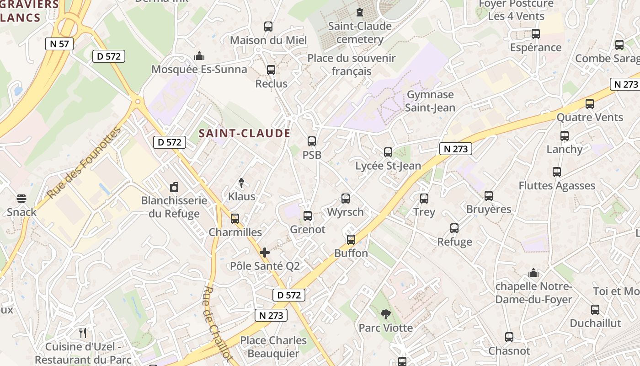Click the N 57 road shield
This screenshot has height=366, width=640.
59,44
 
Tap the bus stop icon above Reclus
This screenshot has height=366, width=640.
271,70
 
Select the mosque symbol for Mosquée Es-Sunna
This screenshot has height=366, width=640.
199,56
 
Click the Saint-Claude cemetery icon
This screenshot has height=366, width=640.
360,12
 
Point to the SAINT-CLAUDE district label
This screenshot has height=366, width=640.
245,133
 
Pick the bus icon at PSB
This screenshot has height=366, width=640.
312,141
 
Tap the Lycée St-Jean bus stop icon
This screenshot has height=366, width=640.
388,152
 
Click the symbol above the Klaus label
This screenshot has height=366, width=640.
241,183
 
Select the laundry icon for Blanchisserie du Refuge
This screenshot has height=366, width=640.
174,187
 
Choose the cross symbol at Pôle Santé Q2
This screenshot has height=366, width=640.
265,253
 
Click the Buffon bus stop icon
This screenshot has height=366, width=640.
351,240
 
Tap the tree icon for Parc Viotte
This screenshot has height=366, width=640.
386,314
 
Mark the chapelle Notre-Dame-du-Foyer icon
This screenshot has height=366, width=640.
533,273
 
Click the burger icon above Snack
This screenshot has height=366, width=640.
21,199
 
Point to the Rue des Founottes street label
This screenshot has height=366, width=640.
84,163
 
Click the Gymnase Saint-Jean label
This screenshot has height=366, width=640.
430,101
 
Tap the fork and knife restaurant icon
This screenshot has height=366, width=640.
83,333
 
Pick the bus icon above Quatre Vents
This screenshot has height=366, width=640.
590,104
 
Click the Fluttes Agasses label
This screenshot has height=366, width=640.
557,186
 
